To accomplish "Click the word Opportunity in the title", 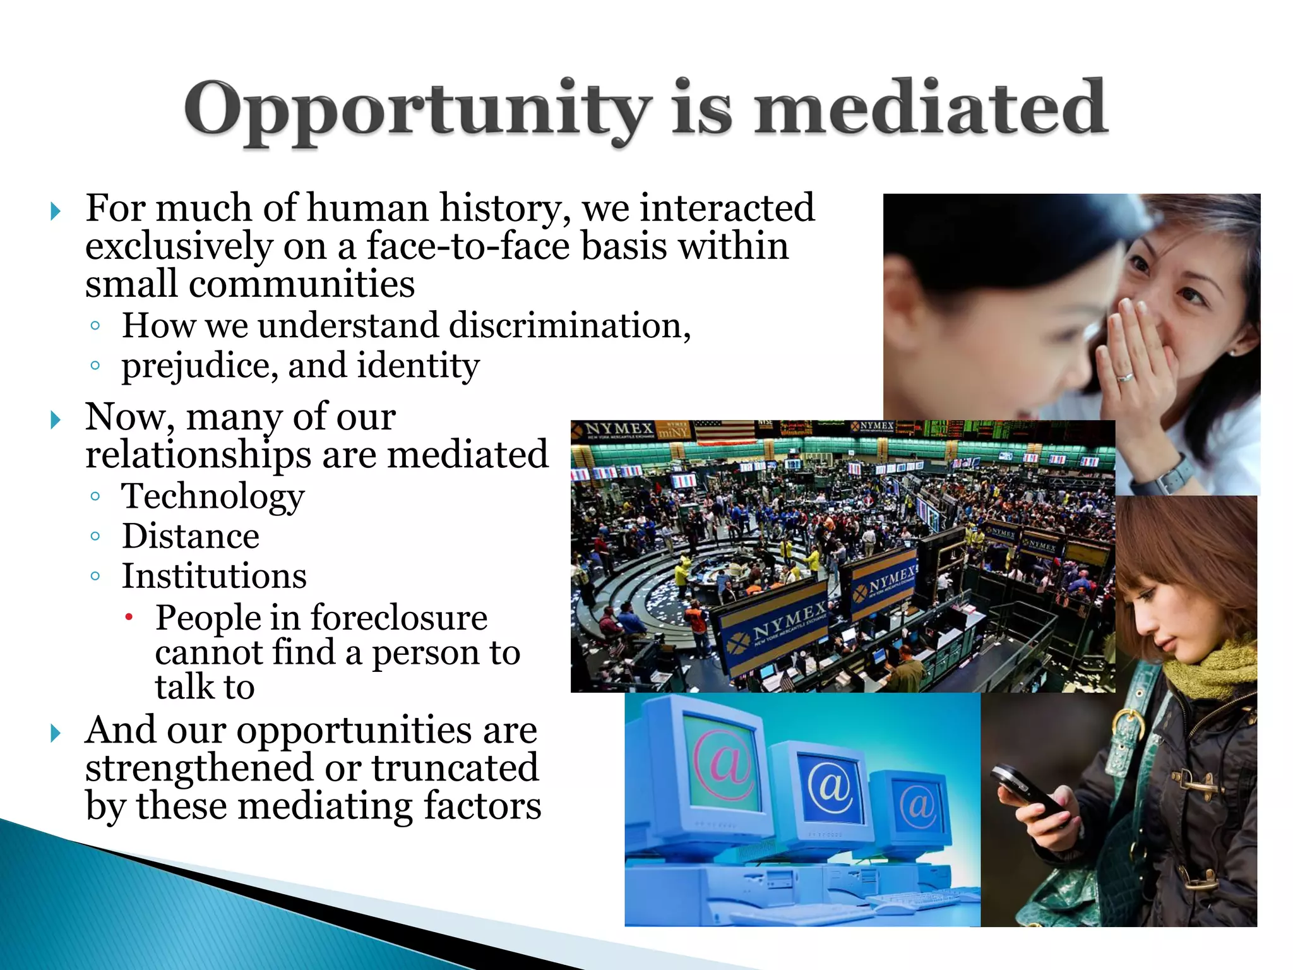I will pyautogui.click(x=417, y=109).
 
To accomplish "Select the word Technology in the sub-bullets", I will pyautogui.click(x=213, y=496).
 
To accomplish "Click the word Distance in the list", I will pyautogui.click(x=190, y=536).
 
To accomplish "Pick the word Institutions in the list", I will pyautogui.click(x=214, y=576).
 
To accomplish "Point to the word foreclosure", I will pyautogui.click(x=398, y=618).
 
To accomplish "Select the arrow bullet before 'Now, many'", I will pyautogui.click(x=56, y=420).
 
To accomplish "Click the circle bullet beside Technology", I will pyautogui.click(x=95, y=496).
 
